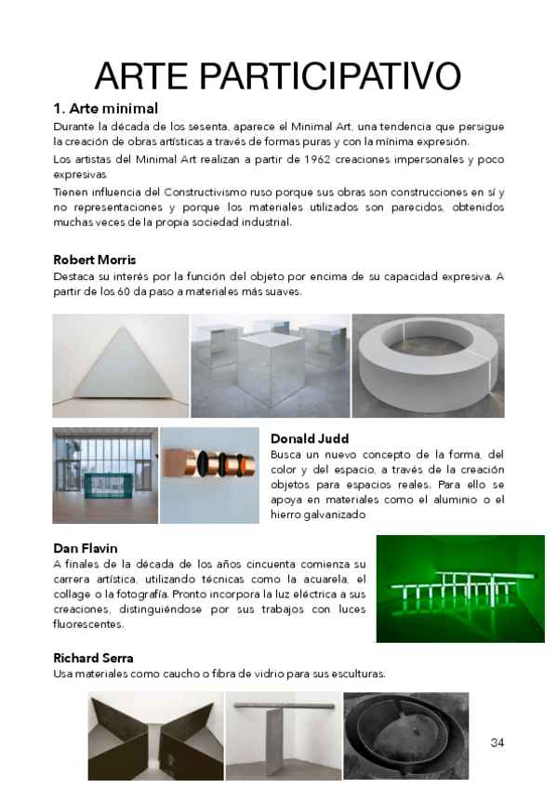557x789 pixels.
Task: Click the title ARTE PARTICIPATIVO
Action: pos(278,75)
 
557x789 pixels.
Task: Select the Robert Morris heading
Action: pos(95,260)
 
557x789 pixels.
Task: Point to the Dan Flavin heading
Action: pos(86,549)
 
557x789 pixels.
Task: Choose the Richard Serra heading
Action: pos(93,658)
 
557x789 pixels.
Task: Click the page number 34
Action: pos(497,742)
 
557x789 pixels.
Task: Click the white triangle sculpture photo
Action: pos(120,366)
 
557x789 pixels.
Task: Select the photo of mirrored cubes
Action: pos(270,366)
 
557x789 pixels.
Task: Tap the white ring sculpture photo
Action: pos(428,366)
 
